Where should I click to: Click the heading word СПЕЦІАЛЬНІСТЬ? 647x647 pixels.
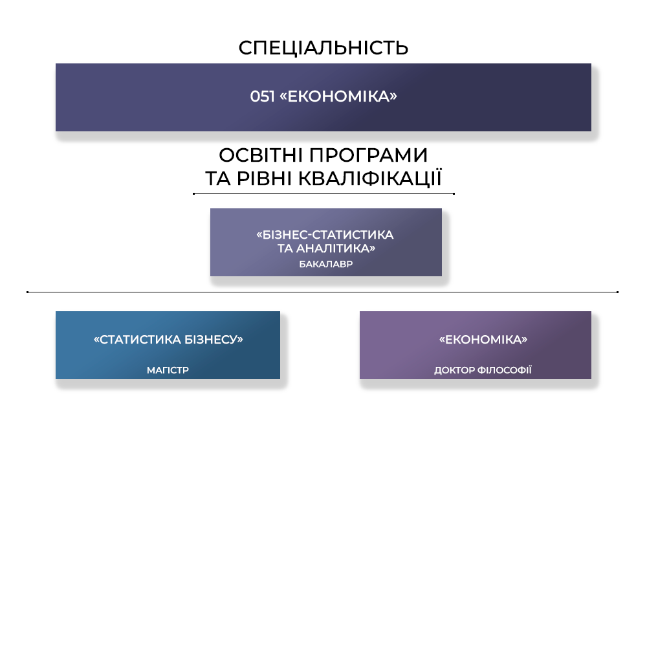(x=323, y=47)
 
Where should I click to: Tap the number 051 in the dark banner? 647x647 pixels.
(x=263, y=96)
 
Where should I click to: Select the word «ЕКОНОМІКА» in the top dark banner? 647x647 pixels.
(x=338, y=96)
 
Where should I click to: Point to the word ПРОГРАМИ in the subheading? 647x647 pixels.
(x=369, y=155)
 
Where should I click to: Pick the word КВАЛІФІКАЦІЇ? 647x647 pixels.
(x=369, y=178)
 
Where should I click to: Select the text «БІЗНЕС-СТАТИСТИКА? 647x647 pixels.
(x=325, y=235)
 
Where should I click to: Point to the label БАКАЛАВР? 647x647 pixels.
(x=326, y=264)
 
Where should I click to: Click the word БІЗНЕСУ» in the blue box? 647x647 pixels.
(x=214, y=340)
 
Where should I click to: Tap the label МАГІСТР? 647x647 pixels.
(x=168, y=370)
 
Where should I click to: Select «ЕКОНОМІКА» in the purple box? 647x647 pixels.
(x=483, y=340)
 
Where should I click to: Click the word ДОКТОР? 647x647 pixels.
(x=454, y=370)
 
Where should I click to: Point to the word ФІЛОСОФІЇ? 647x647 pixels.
(x=504, y=369)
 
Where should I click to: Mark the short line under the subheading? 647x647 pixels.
(x=323, y=193)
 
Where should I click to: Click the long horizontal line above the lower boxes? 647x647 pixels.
(x=322, y=292)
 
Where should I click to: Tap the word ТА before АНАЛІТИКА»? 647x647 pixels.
(x=285, y=248)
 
